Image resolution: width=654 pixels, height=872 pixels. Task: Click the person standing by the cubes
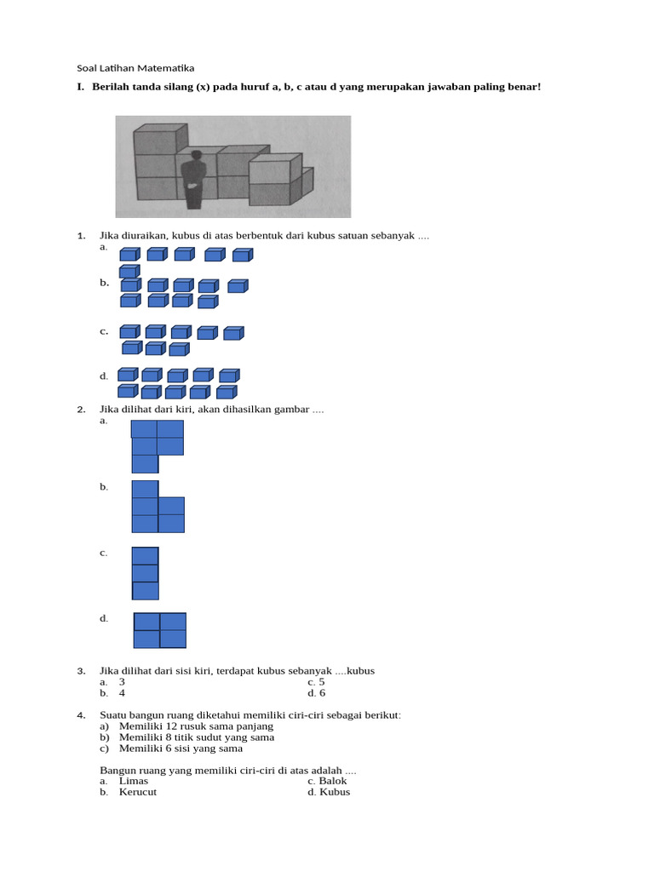coord(195,179)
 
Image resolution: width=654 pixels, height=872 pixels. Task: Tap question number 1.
coord(81,235)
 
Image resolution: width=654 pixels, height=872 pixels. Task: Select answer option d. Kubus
coord(329,792)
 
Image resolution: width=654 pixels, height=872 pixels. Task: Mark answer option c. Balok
coord(328,781)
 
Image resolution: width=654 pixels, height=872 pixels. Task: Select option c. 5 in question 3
coord(316,682)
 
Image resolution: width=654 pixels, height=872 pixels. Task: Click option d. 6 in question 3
coord(317,693)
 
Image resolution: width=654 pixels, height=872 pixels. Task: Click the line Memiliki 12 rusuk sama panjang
coord(196,726)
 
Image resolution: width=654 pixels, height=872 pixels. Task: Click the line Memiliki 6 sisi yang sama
coord(181,749)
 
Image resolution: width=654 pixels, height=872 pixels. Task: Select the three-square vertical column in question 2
coord(146,573)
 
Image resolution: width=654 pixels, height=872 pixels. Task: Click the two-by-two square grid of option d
coord(160,630)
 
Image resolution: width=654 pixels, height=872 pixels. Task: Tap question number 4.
coord(81,714)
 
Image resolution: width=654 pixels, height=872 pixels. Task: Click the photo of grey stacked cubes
coord(232,167)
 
